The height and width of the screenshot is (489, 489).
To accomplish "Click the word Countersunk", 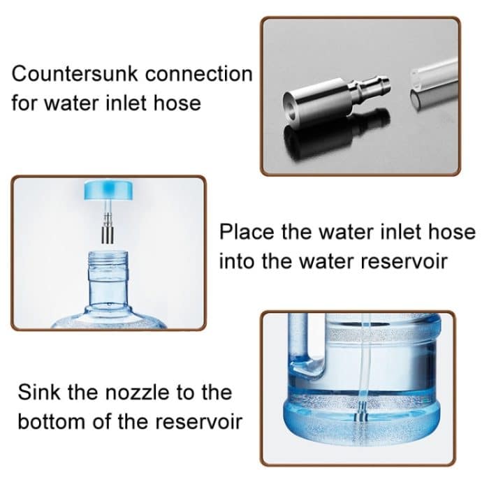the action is pyautogui.click(x=75, y=74).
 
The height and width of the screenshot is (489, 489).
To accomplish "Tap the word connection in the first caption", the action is pyautogui.click(x=199, y=74).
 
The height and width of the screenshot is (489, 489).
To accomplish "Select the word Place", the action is pyautogui.click(x=245, y=232).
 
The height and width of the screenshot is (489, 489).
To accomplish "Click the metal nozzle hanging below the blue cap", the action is pyautogui.click(x=108, y=228).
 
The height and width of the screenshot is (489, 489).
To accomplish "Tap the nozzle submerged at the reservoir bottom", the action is pyautogui.click(x=362, y=412).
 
